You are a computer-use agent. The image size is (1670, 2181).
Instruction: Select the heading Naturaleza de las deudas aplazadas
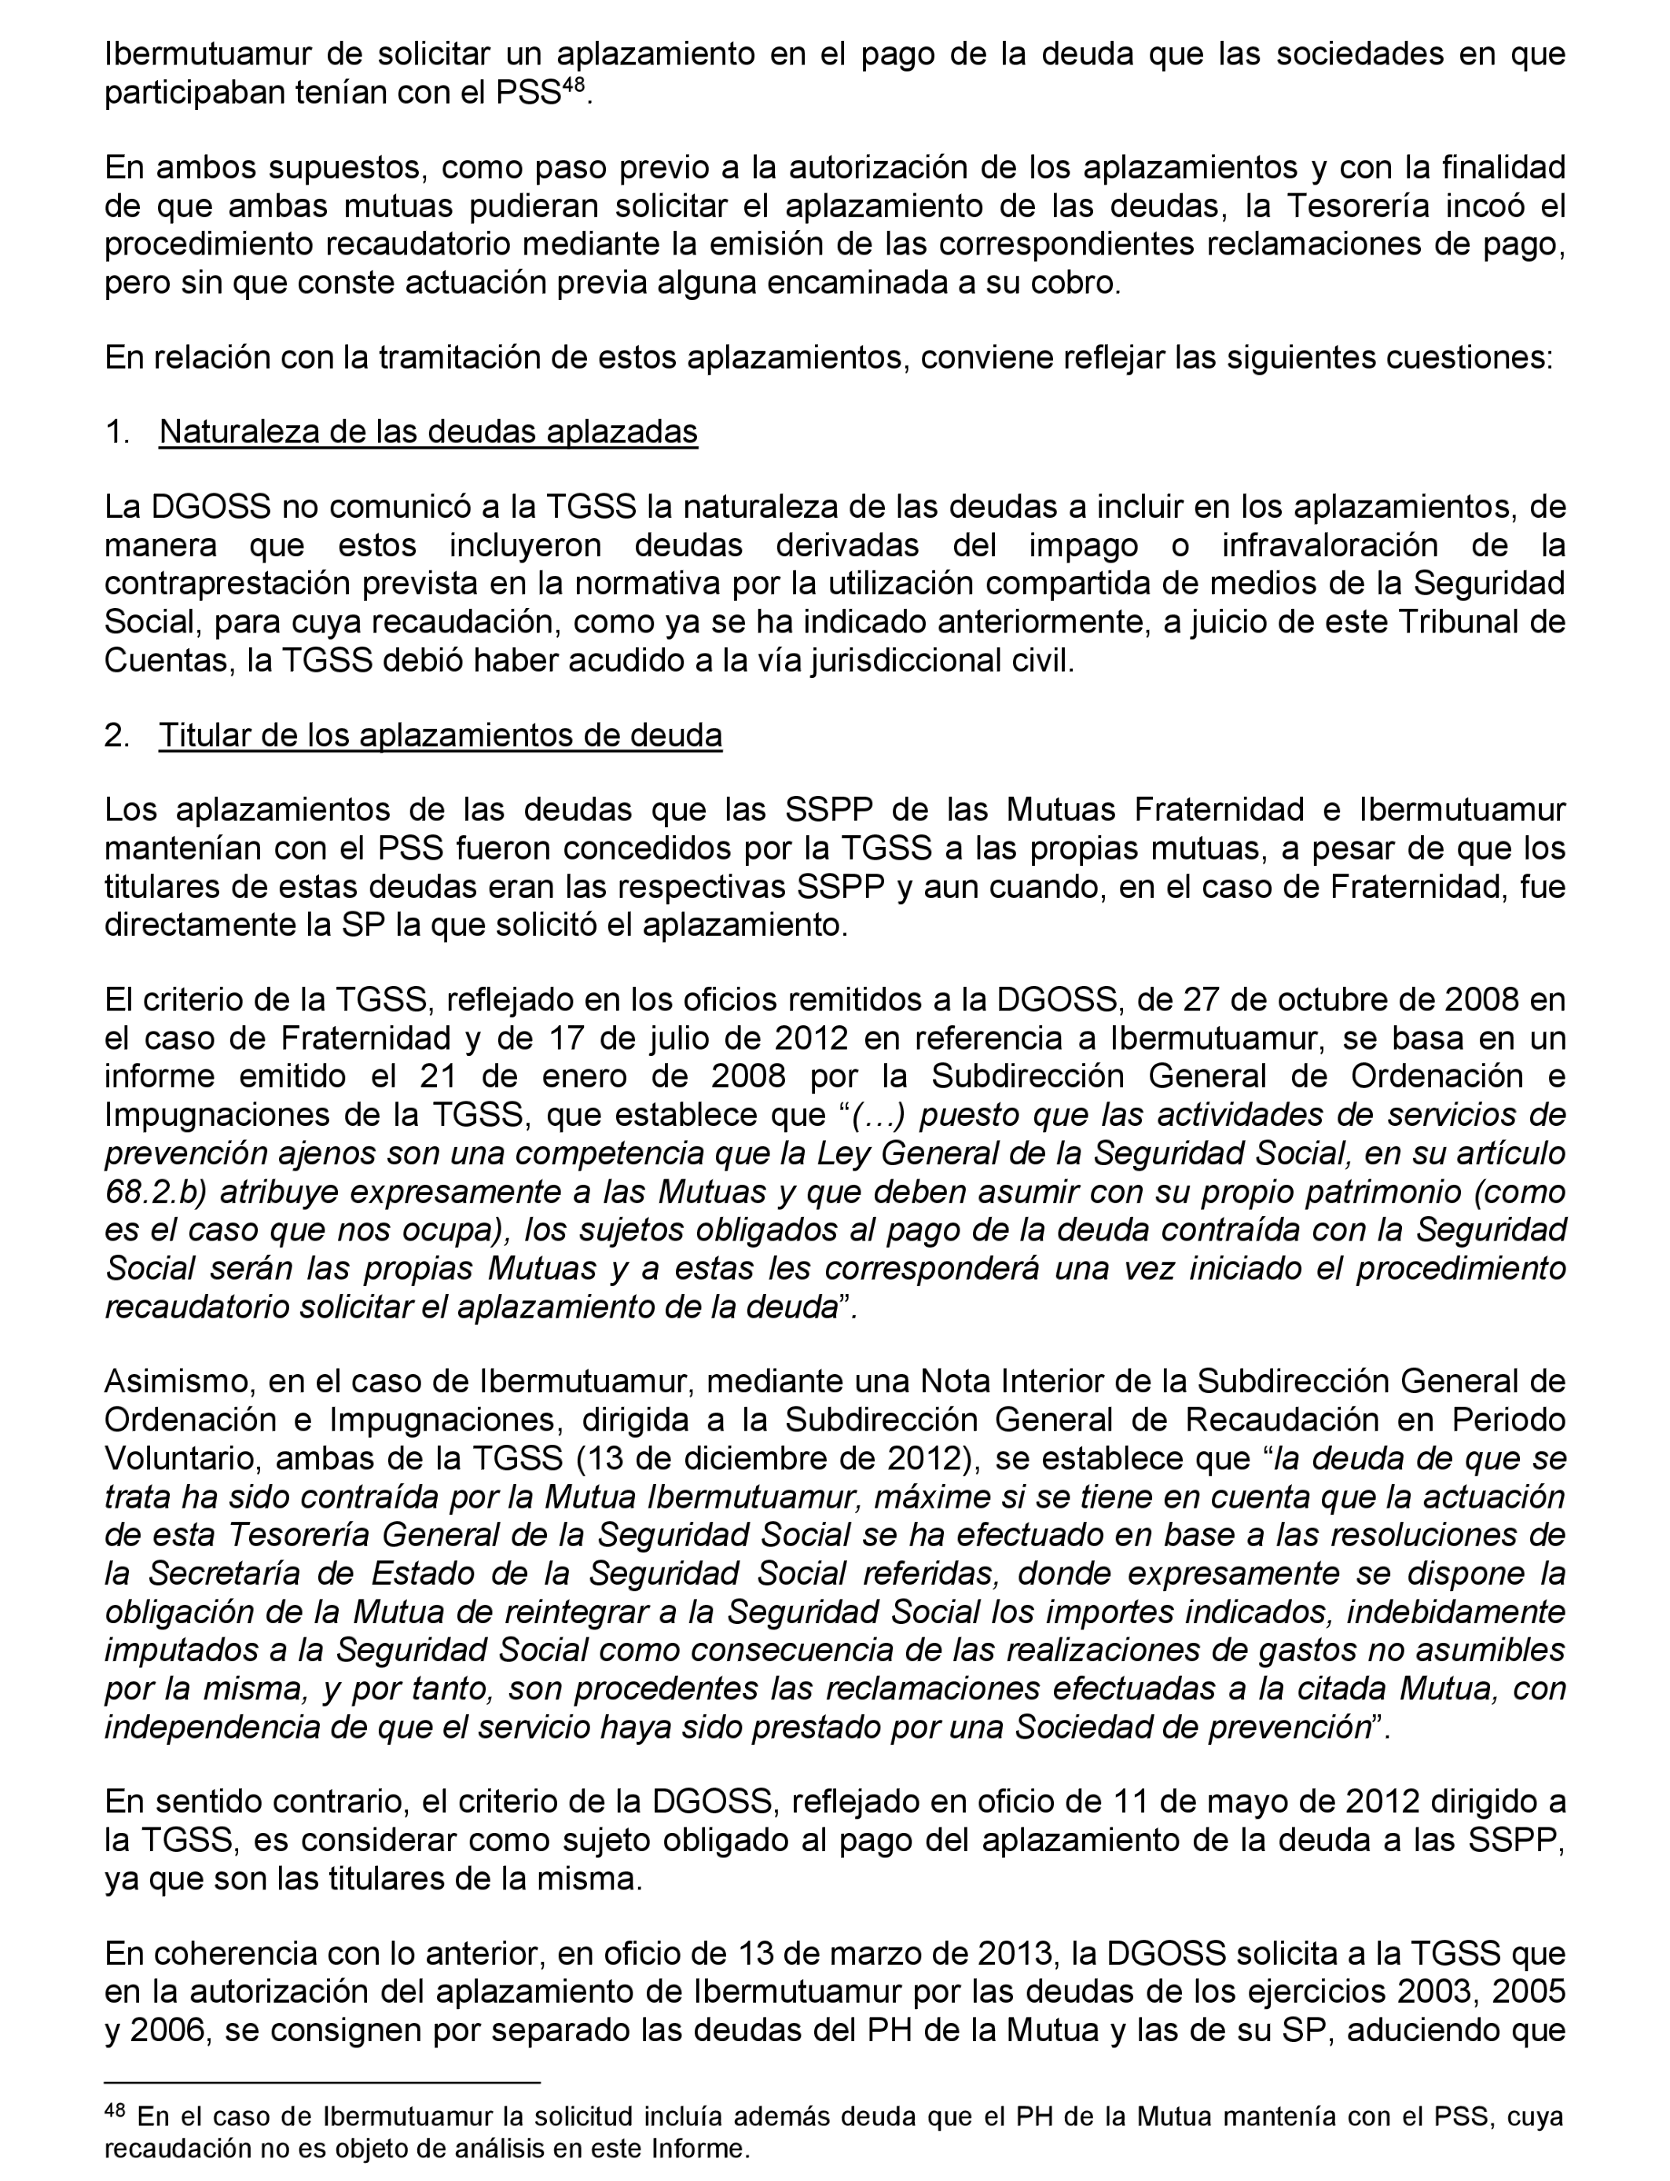[428, 432]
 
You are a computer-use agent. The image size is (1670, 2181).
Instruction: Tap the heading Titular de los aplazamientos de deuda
[440, 735]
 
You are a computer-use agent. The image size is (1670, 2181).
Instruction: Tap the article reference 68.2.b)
[156, 1191]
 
